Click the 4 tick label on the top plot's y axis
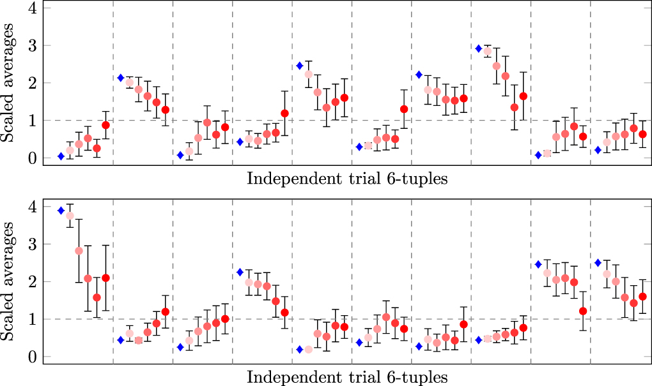(31, 9)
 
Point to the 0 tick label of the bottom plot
(31, 356)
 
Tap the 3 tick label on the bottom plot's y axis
(31, 244)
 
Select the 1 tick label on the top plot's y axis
(31, 120)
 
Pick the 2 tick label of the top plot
(31, 83)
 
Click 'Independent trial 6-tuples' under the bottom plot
(347, 376)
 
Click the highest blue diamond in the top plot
(479, 48)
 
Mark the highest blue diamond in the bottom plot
(61, 211)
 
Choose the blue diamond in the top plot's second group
(120, 78)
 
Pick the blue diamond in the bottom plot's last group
(598, 263)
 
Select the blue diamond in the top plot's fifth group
(299, 66)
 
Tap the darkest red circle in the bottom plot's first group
(105, 278)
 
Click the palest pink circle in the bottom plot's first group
(70, 216)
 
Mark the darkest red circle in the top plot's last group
(642, 134)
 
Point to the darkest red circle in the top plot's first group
(105, 125)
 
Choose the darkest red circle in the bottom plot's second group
(166, 312)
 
